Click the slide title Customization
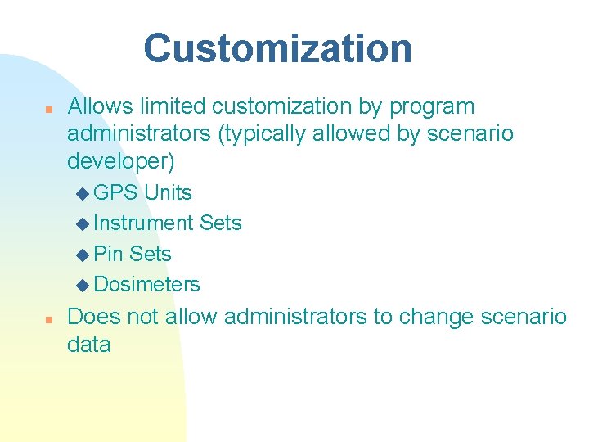[277, 48]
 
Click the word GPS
[116, 193]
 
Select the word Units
[168, 193]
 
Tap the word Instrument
[143, 223]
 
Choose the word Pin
[109, 254]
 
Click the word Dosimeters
[147, 284]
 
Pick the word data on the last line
[88, 345]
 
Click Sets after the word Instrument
[220, 223]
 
